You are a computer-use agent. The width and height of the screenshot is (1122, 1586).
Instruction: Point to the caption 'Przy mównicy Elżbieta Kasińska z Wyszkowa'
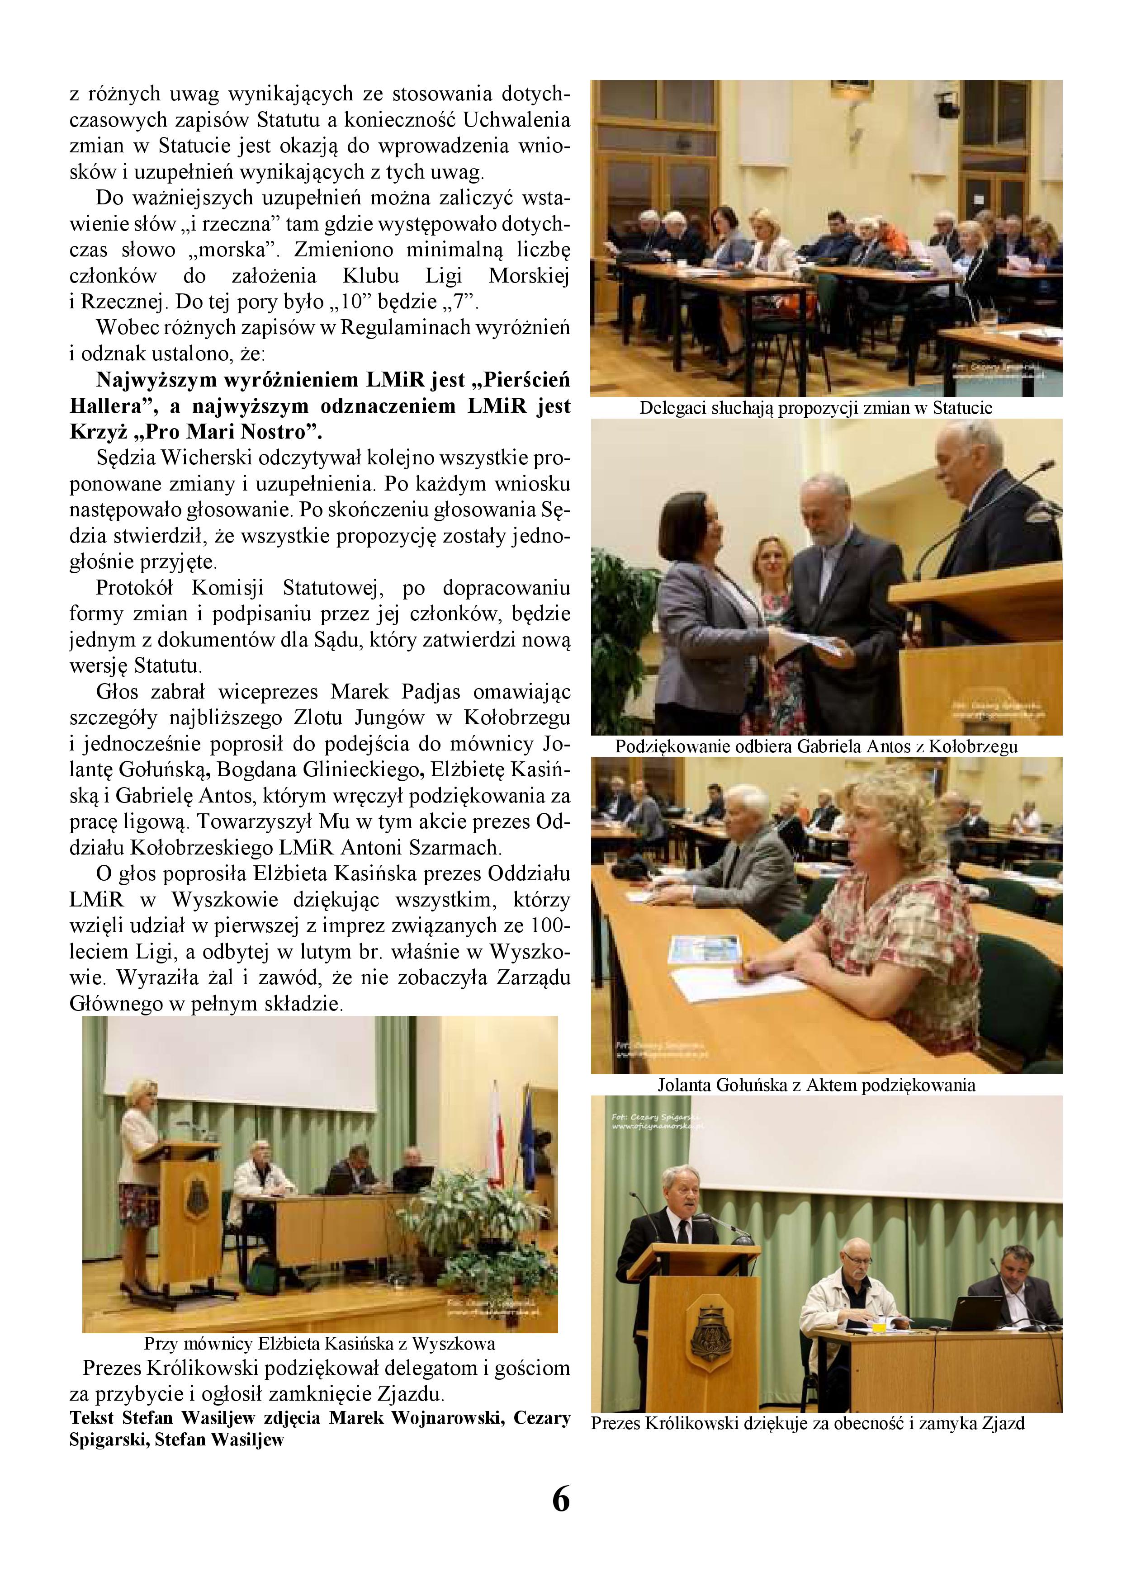pos(319,1344)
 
